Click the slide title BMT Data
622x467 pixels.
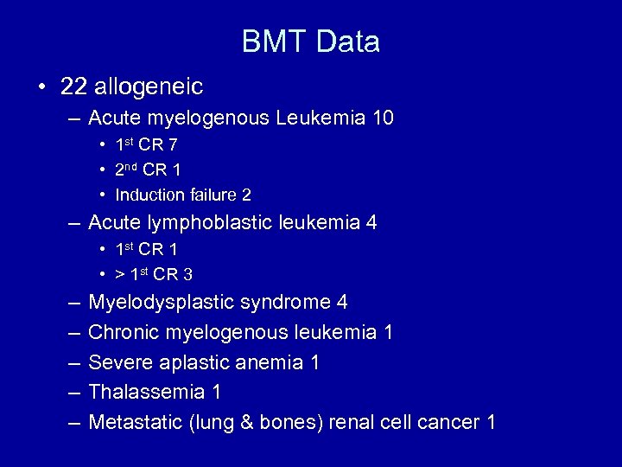(x=310, y=42)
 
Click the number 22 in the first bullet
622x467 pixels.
(x=74, y=86)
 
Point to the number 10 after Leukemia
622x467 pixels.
(x=381, y=118)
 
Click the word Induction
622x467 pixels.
(x=145, y=195)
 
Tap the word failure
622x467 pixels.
(x=206, y=195)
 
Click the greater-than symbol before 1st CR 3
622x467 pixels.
(x=119, y=275)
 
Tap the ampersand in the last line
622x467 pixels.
(x=264, y=423)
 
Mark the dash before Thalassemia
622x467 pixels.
(x=72, y=393)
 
